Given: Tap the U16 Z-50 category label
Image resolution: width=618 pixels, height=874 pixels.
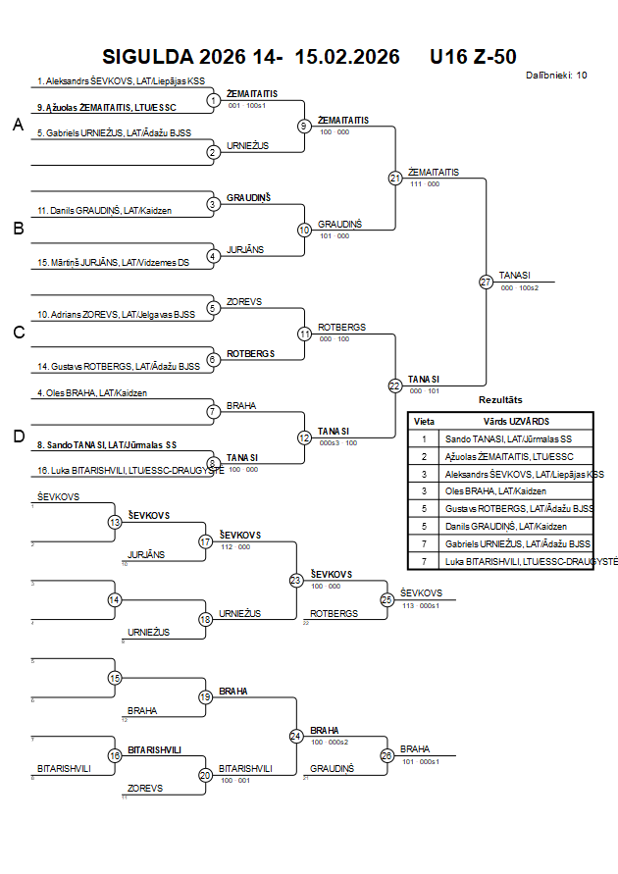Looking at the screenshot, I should point(473,57).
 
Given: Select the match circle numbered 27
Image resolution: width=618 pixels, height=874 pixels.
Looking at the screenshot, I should point(486,282).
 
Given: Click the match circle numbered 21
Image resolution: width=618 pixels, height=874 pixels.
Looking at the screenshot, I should point(395,178).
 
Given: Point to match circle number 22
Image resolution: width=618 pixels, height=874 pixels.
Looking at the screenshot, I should point(395,386).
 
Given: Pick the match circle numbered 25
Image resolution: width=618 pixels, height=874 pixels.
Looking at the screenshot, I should point(387,598).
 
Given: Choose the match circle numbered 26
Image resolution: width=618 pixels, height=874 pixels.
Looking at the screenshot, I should point(387,755).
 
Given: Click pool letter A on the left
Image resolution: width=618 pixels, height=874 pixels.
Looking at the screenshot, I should point(18,125).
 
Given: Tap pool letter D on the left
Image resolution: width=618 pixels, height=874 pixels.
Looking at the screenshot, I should point(18,437).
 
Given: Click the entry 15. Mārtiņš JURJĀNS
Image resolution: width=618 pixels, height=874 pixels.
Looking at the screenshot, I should point(113,263).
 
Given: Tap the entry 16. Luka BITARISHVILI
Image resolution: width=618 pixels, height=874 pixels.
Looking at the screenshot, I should point(116,471).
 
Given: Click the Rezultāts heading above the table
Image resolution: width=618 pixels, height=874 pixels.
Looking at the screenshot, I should point(500,400).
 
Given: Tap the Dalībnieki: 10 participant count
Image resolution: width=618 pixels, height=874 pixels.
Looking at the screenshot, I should point(556,75).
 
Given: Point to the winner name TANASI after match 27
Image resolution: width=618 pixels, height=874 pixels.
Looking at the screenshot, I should point(514,276).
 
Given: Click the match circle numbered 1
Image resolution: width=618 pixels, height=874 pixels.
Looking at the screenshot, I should point(214,99).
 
